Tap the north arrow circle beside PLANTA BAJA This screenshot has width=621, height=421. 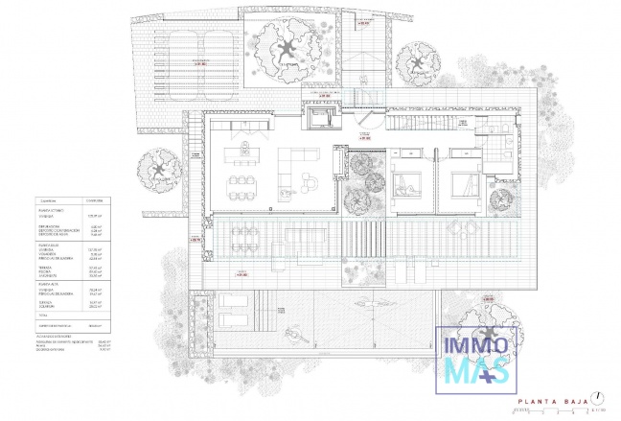(x=597, y=397)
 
